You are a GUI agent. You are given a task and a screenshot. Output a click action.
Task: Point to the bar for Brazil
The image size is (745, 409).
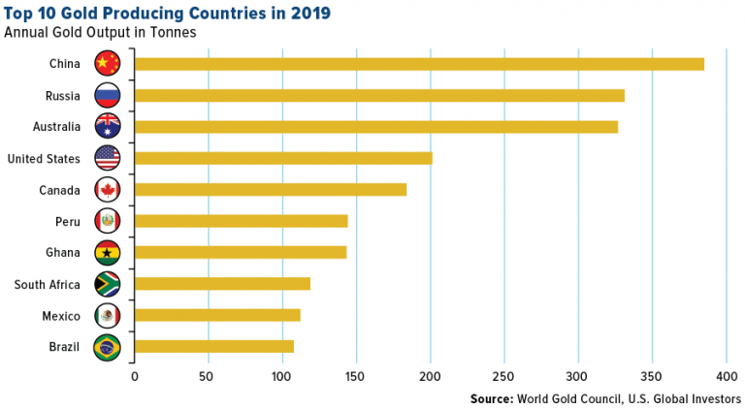pyautogui.click(x=213, y=346)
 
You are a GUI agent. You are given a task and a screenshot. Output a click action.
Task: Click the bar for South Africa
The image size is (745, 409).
pyautogui.click(x=222, y=283)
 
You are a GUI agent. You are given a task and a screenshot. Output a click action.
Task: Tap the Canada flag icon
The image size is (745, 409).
pyautogui.click(x=107, y=189)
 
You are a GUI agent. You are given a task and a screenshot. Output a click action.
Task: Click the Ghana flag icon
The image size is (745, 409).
pyautogui.click(x=107, y=252)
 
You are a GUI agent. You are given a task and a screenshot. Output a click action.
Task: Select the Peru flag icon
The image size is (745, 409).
pyautogui.click(x=107, y=221)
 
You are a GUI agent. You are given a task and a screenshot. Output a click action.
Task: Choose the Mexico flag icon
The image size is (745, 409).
pyautogui.click(x=107, y=315)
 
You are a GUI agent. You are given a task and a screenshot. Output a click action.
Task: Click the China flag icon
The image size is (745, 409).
pyautogui.click(x=107, y=64)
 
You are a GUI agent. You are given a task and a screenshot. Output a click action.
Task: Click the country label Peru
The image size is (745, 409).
pyautogui.click(x=67, y=221)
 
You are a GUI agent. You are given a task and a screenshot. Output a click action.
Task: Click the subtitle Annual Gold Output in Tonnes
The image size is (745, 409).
pyautogui.click(x=100, y=32)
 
